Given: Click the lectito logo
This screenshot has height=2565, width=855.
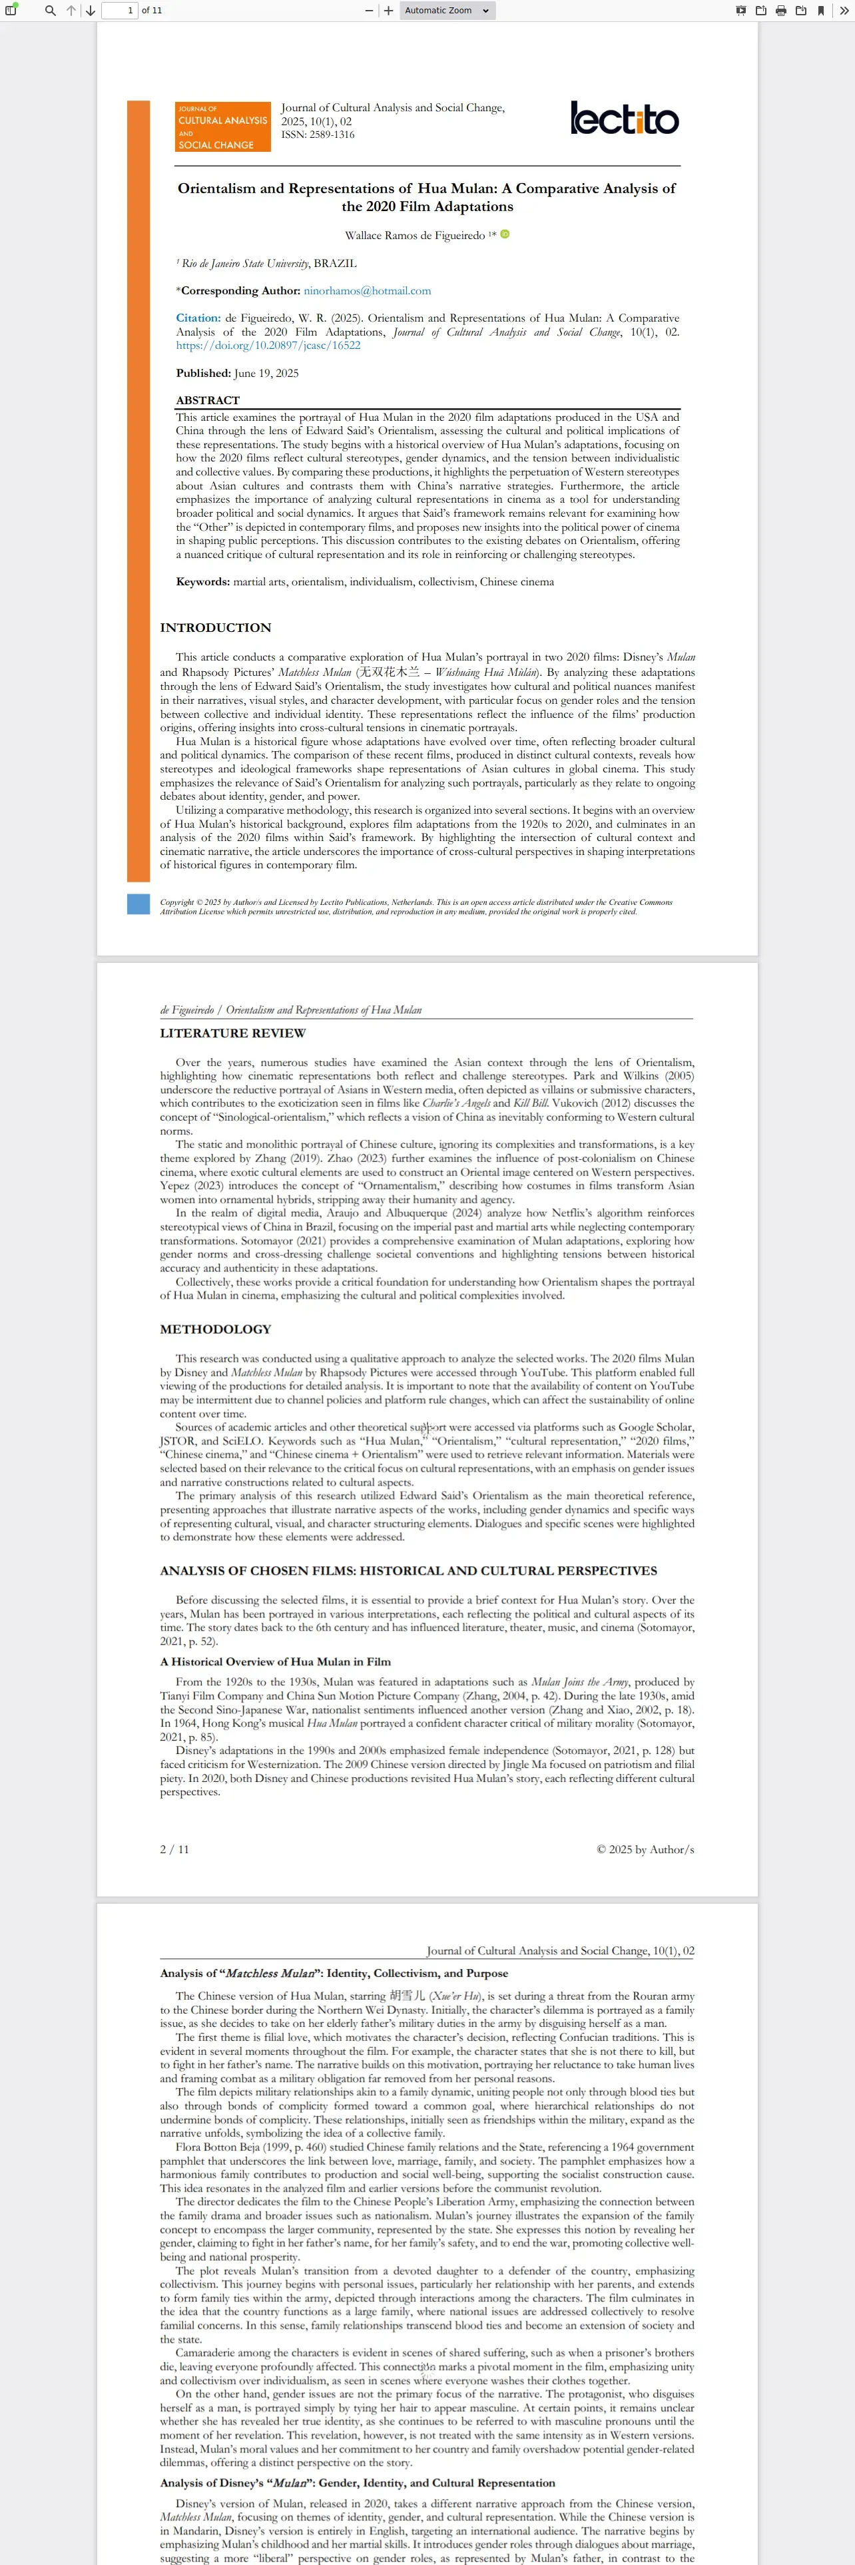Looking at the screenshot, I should click(x=624, y=119).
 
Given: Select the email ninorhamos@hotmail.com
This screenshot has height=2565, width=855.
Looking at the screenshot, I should click(x=368, y=291).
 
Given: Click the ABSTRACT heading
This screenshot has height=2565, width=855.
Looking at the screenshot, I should click(x=208, y=400).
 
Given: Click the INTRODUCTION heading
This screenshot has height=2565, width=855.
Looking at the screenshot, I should click(x=215, y=627).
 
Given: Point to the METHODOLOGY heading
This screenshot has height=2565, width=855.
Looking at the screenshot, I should click(x=215, y=1328).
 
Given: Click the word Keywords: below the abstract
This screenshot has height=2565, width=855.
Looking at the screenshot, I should click(x=203, y=581).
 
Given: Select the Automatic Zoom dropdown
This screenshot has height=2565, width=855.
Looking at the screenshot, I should click(x=446, y=11).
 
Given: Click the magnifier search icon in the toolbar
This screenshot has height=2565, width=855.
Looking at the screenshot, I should click(x=50, y=11).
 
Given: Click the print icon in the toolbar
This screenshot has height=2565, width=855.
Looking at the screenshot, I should click(x=780, y=11).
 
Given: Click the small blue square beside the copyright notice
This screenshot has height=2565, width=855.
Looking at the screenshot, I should click(x=139, y=904).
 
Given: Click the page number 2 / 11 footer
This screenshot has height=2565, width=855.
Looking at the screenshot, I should click(x=174, y=1849).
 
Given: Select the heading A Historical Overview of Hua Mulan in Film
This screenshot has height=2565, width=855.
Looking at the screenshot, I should click(x=275, y=1661).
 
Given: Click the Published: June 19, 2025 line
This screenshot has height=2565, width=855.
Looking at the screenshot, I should click(x=237, y=374).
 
